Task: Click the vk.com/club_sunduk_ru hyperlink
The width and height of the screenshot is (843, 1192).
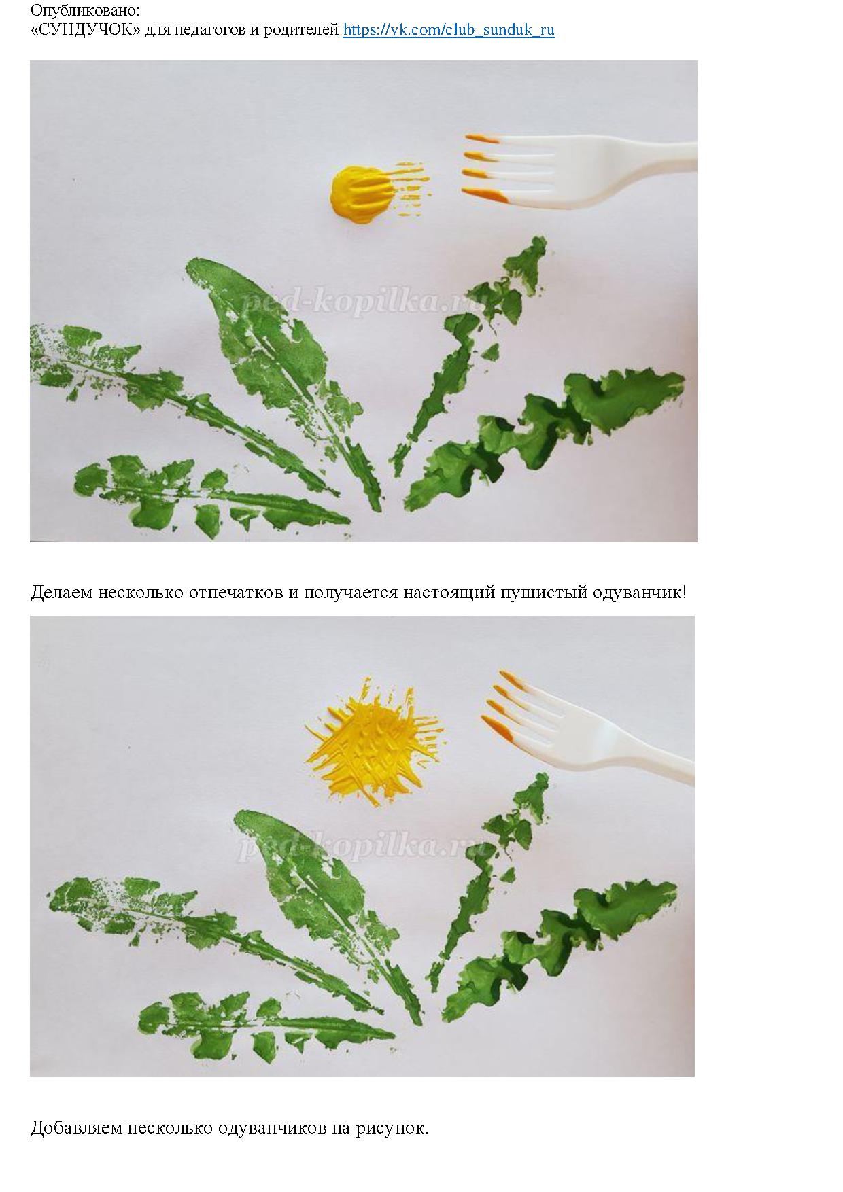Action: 449,30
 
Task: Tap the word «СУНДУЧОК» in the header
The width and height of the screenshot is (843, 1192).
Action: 87,30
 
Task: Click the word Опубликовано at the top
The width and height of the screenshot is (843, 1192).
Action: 85,12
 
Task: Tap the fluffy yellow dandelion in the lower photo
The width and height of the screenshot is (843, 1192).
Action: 374,741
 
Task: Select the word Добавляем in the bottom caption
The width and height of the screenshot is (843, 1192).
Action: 75,1128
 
